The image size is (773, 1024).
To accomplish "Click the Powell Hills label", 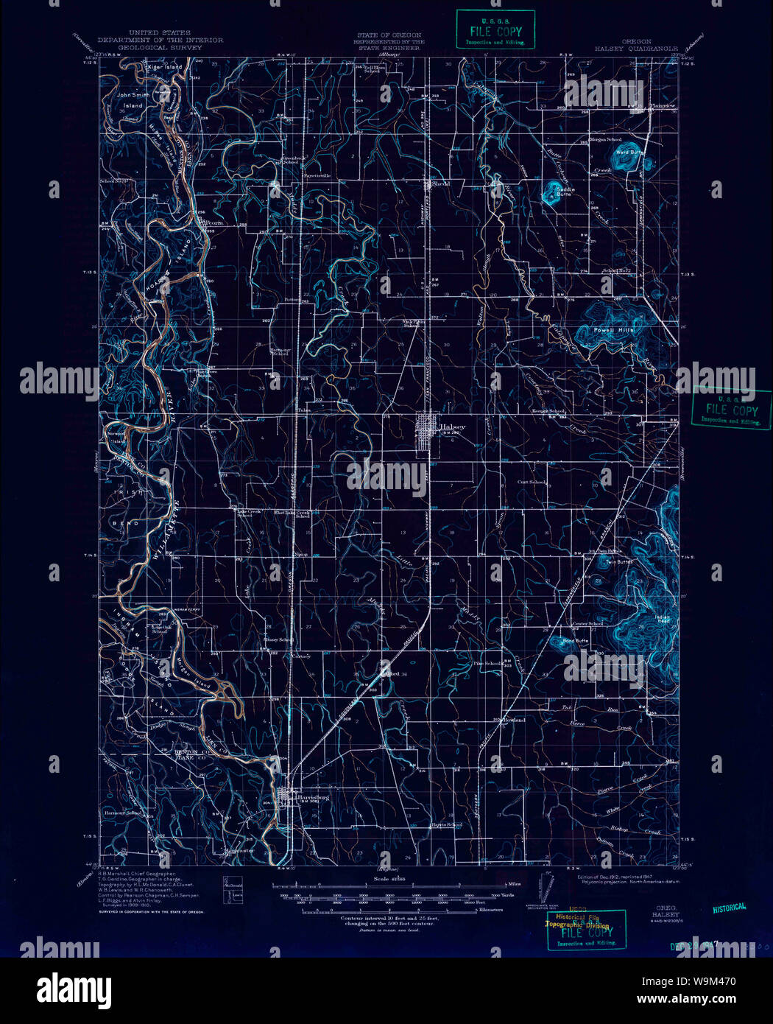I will (613, 330).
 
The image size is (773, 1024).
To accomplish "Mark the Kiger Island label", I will (164, 67).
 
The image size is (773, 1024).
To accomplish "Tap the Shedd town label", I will (440, 183).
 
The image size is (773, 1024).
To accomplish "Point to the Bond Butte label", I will (576, 641).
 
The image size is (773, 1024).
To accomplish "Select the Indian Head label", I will (663, 620).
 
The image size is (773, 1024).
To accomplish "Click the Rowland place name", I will (513, 719).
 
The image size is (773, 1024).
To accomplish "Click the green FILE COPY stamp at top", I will (495, 29).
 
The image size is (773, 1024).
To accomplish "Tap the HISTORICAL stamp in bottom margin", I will (729, 908).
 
